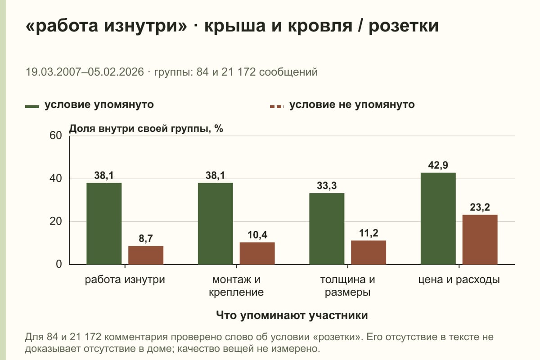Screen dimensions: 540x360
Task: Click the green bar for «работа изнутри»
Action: (x=104, y=224)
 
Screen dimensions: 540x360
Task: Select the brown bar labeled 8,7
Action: (x=146, y=255)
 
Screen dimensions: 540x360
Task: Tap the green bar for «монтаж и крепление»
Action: (x=215, y=224)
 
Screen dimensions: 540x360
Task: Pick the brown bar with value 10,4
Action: (x=257, y=253)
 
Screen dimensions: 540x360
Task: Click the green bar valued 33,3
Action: (x=327, y=229)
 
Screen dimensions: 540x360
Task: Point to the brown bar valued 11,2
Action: (x=369, y=252)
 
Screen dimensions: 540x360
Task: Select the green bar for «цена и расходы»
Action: (x=438, y=218)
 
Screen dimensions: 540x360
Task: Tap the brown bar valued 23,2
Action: (x=480, y=240)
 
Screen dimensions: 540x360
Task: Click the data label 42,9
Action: (x=438, y=165)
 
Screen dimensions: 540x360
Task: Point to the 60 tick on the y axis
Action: (x=56, y=135)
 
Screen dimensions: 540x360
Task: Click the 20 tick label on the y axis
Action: (x=56, y=221)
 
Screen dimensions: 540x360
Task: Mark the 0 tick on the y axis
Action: (x=59, y=264)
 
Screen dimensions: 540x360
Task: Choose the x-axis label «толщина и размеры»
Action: (x=347, y=286)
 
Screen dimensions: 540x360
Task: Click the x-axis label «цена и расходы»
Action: (x=459, y=280)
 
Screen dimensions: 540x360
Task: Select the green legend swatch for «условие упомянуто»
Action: (x=32, y=107)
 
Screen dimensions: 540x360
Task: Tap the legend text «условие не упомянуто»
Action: (x=352, y=105)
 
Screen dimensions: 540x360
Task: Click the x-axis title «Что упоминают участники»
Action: (x=292, y=315)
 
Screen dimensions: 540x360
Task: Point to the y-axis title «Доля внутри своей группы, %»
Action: (x=146, y=129)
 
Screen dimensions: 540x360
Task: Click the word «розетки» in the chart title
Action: (x=404, y=26)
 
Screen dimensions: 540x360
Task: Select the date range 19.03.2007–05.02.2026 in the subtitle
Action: (x=85, y=72)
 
